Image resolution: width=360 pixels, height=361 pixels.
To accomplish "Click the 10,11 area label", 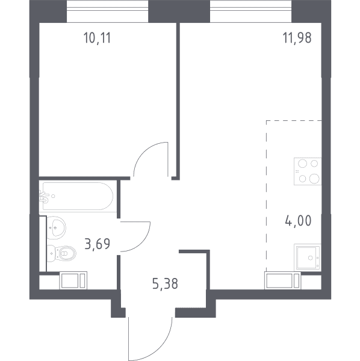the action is click(97, 38).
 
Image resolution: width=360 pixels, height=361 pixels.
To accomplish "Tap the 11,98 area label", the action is click(297, 38).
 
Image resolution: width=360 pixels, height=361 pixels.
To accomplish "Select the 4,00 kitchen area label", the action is click(298, 221).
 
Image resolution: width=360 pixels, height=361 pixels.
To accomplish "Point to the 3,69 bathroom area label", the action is click(97, 244).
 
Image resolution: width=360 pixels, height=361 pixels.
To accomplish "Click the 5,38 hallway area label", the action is click(165, 283).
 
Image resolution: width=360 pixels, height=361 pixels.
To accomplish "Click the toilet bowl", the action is click(62, 253).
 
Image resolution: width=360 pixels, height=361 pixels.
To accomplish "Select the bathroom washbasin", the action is click(57, 227).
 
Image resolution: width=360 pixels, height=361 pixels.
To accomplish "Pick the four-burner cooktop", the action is click(308, 171).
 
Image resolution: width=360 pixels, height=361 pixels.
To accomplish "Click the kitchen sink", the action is click(308, 258).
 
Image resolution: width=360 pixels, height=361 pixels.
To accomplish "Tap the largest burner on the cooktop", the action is click(314, 179).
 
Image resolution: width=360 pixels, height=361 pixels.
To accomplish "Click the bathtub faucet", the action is click(44, 197).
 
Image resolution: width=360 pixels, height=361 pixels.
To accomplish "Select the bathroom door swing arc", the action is click(142, 244).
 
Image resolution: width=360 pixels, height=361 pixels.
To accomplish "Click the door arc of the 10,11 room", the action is click(143, 151).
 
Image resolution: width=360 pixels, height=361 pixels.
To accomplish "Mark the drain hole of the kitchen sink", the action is click(311, 258).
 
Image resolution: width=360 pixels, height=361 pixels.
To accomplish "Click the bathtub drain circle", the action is click(53, 196).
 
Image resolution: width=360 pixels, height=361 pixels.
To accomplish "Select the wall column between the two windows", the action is click(179, 11).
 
